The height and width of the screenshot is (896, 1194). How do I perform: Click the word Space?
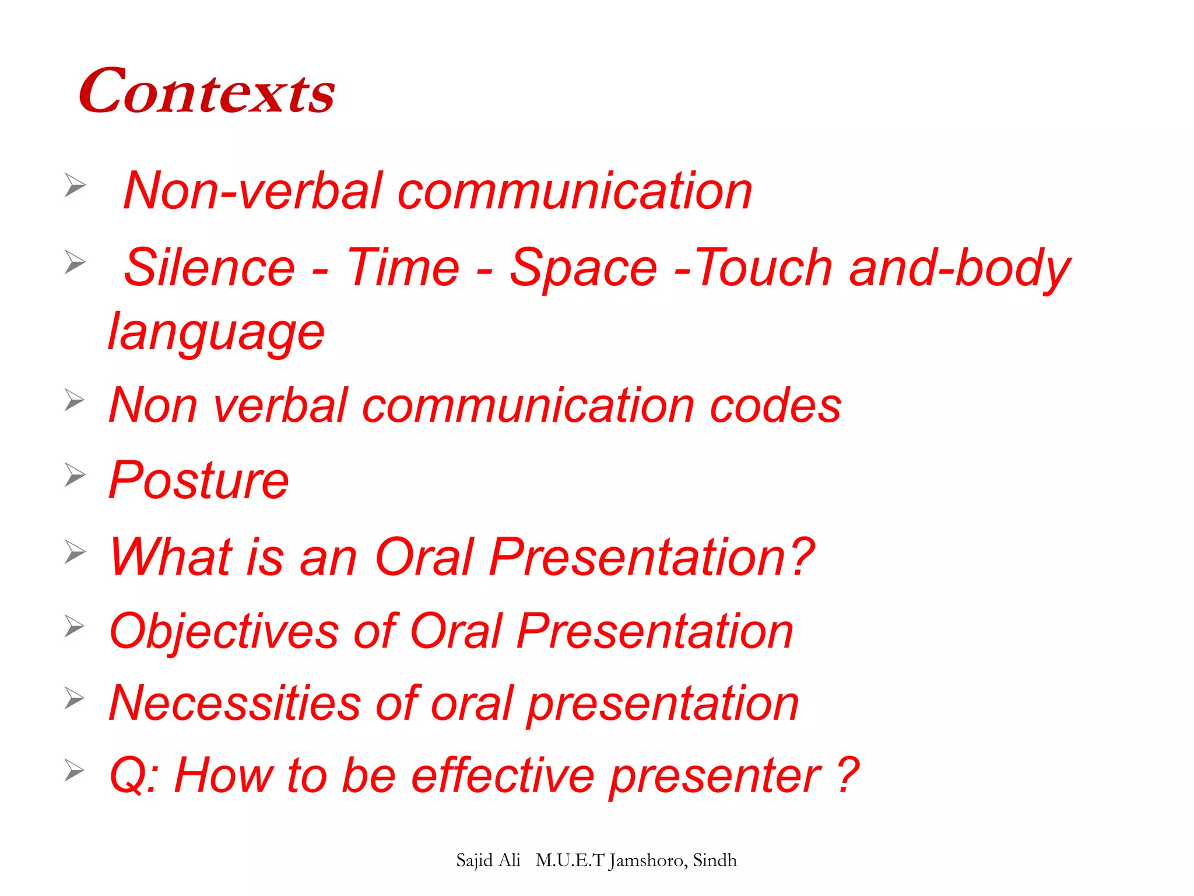coord(583,269)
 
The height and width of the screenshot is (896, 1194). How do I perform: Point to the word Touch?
coord(764,268)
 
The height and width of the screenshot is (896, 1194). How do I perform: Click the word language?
coord(216,332)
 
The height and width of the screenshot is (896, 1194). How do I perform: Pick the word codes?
coord(775,405)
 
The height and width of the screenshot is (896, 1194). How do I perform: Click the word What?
coord(172,557)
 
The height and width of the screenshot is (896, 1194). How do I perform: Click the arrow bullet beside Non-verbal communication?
coord(75,185)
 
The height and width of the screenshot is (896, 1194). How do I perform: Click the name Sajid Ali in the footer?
coord(488,860)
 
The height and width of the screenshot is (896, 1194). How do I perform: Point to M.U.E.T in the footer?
coord(569,860)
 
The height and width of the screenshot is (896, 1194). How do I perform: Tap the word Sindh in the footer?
coord(715,860)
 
